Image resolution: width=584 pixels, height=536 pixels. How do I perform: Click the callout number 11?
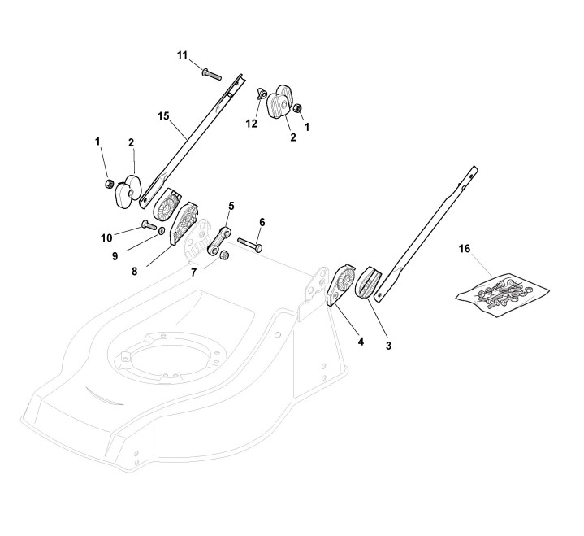[x=183, y=54]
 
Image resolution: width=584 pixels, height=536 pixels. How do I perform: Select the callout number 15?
[x=163, y=116]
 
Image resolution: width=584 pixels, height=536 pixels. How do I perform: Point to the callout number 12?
[x=252, y=123]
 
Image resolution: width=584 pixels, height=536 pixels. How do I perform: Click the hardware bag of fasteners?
[x=498, y=289]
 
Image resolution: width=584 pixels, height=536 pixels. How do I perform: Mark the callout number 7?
[x=193, y=272]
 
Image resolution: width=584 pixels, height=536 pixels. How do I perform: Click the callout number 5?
[x=231, y=207]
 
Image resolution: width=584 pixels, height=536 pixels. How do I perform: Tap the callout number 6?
[x=262, y=221]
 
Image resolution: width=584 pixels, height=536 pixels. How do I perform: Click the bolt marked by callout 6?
[x=249, y=245]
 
